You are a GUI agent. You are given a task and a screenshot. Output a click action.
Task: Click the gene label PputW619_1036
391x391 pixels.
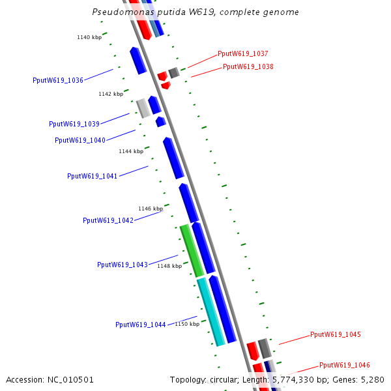point(58,81)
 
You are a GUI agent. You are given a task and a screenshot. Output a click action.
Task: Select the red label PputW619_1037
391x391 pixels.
point(243,54)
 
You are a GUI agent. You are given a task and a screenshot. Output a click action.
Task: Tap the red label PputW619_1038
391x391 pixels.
point(248,66)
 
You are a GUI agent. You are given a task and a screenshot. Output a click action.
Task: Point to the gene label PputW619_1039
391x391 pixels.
point(74,124)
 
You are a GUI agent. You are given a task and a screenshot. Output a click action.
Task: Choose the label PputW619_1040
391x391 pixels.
point(80,140)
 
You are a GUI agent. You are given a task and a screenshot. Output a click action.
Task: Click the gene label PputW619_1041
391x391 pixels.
point(93,176)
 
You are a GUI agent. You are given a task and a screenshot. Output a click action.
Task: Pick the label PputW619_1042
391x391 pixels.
point(108,220)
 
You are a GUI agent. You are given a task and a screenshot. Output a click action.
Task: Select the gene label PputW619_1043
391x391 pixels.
point(123,265)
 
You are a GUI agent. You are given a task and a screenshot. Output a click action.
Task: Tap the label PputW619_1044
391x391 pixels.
point(141,325)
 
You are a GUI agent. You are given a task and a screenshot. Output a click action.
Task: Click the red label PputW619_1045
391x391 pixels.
point(336,334)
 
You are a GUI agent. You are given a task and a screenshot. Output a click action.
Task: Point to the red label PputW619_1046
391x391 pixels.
point(345,366)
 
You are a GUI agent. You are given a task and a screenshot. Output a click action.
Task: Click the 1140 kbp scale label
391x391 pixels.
point(89,37)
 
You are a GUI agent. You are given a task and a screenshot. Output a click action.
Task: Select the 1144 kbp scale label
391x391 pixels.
point(131,151)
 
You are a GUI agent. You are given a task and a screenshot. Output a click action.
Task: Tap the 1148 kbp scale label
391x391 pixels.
point(169,266)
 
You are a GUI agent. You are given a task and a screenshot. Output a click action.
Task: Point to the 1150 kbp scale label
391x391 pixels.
point(187,324)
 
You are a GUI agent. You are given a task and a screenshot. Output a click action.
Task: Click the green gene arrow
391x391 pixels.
point(192,251)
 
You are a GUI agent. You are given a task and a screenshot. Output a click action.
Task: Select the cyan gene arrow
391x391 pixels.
point(211,311)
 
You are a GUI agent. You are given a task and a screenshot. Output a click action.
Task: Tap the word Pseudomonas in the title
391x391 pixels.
point(119,12)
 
